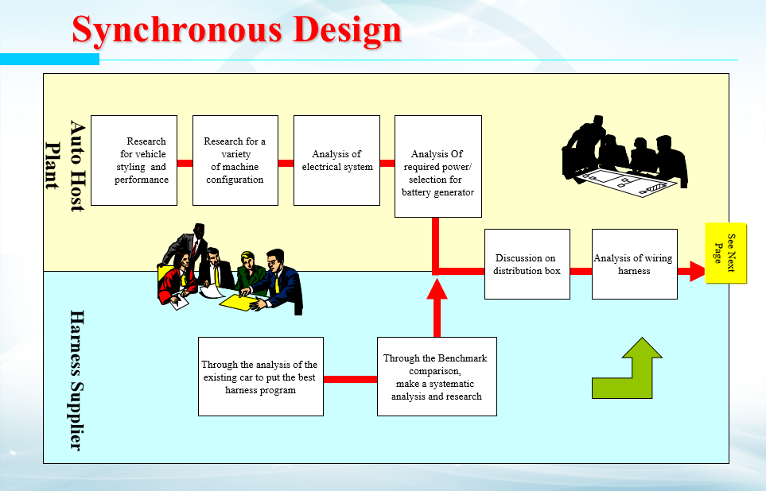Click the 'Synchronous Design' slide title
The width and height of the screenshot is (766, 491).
tap(236, 30)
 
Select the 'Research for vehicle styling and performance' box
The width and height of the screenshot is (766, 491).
tap(134, 160)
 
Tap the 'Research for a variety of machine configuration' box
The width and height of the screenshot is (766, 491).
tap(235, 160)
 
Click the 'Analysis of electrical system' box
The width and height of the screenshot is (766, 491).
tap(336, 160)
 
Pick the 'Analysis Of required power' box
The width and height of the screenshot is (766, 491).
tap(437, 166)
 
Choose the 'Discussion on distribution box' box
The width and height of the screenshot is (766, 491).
tap(527, 264)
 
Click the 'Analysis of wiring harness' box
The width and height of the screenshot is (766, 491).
tap(634, 264)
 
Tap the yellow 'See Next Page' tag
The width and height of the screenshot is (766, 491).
tap(725, 253)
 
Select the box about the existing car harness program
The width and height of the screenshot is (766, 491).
tap(260, 377)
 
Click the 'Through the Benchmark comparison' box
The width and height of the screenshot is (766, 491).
tap(436, 377)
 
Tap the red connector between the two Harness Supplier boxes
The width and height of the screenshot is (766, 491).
tap(350, 379)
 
